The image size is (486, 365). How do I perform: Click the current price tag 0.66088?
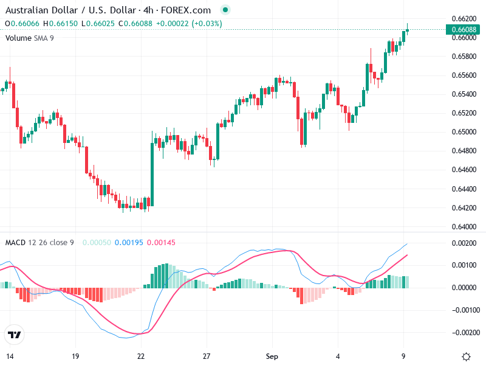[x=463, y=29]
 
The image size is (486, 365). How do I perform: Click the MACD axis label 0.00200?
[x=465, y=243]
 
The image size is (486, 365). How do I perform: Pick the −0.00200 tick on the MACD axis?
[x=464, y=333]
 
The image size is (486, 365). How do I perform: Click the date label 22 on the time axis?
[x=141, y=356]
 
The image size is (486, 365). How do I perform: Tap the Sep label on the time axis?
[x=272, y=356]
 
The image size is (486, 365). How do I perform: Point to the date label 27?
[x=207, y=356]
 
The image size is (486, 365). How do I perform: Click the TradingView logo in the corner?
[x=15, y=335]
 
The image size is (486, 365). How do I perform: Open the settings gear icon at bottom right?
[x=466, y=356]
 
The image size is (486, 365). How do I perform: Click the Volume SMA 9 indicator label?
[x=30, y=38]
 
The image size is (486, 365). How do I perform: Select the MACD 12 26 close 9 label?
[x=39, y=243]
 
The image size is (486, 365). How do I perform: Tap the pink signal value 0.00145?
[x=161, y=243]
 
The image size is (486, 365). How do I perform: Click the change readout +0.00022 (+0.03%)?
[x=189, y=24]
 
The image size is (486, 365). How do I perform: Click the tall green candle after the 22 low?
[x=152, y=173]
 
